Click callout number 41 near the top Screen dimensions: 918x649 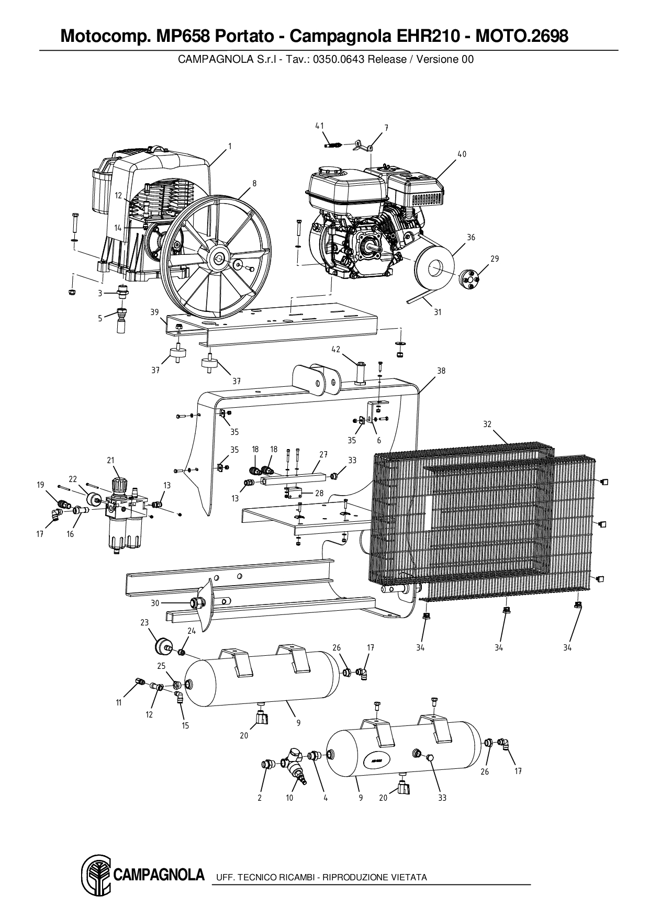[319, 126]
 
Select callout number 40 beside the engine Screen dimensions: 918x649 [462, 154]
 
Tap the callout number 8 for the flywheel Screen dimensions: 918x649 [254, 183]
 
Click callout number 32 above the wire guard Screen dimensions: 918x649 [487, 424]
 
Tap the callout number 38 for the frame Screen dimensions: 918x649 [441, 371]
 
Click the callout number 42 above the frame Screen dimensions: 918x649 [335, 350]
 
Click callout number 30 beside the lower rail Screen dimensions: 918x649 [154, 603]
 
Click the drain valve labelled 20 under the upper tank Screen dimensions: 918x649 [260, 718]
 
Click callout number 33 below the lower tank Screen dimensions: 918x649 [442, 798]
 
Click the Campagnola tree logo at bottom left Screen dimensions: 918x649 [96, 875]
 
